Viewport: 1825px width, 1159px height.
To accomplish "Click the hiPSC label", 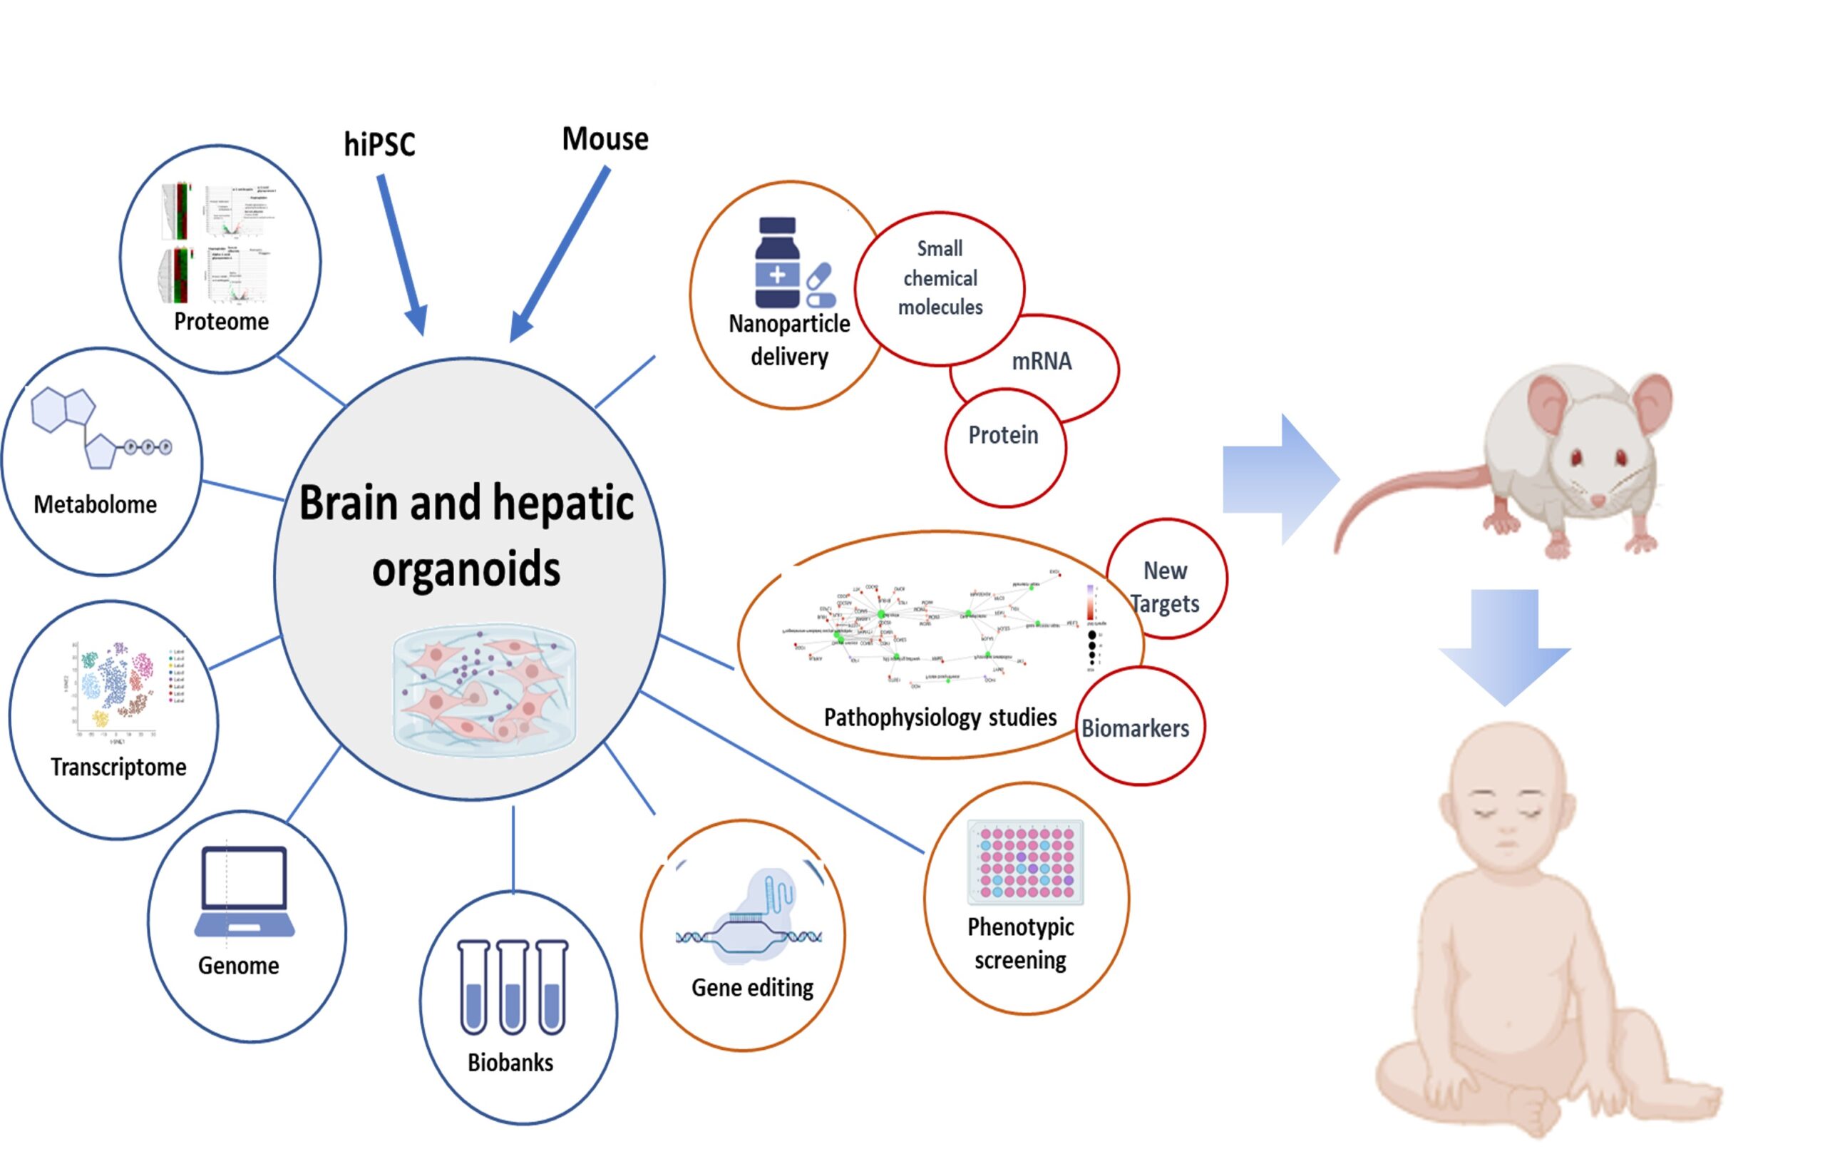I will coord(380,145).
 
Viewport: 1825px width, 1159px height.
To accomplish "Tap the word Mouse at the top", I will coord(605,140).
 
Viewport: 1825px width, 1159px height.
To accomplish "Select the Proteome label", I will coord(221,322).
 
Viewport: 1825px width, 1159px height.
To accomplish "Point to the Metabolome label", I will coord(96,504).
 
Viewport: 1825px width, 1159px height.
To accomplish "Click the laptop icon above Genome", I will coord(244,892).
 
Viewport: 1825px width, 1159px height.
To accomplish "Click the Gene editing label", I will coord(752,987).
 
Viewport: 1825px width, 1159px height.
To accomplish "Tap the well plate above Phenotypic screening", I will coord(1025,862).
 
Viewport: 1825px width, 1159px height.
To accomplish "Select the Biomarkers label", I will coord(1134,728).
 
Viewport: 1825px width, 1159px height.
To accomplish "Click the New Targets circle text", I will coord(1165,587).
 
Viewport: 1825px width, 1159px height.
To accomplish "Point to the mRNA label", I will coord(1042,362).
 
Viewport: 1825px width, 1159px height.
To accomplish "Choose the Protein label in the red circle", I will coord(1004,435).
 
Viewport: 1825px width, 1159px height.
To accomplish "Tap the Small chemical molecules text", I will coord(940,277).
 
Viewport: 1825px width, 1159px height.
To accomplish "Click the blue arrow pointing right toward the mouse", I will coord(1280,479).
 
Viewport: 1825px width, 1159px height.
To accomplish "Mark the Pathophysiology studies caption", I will coord(940,717).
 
